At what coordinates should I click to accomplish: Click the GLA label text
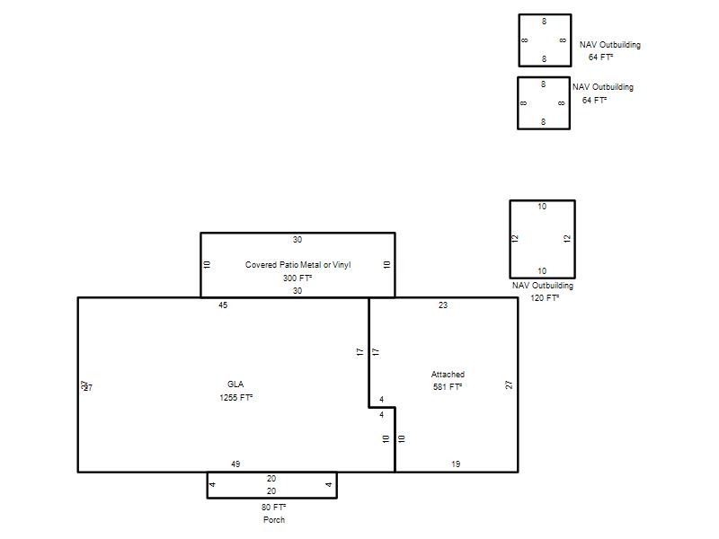[x=235, y=384]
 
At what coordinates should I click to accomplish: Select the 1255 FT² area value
[x=235, y=397]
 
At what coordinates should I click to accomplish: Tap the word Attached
[x=448, y=374]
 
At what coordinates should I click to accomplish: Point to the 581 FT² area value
[x=447, y=387]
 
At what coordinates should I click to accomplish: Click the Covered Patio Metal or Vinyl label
[x=297, y=264]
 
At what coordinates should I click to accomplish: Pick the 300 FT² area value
[x=297, y=278]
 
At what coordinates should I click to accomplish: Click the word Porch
[x=274, y=520]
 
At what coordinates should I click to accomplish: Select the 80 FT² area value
[x=273, y=507]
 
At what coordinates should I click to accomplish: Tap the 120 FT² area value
[x=545, y=298]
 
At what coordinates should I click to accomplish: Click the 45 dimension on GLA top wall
[x=223, y=305]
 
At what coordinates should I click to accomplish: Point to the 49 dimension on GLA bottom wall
[x=235, y=464]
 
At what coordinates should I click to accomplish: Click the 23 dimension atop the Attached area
[x=443, y=305]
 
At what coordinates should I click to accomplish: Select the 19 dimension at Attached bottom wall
[x=456, y=464]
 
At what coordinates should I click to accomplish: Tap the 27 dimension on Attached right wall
[x=509, y=384]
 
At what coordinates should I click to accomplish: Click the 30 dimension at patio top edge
[x=297, y=240]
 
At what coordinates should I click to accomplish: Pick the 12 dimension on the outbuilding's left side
[x=515, y=238]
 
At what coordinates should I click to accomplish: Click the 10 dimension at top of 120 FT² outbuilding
[x=542, y=207]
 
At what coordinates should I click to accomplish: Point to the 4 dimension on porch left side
[x=212, y=484]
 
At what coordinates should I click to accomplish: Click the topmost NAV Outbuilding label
[x=610, y=44]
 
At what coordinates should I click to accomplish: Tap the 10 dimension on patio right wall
[x=386, y=264]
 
